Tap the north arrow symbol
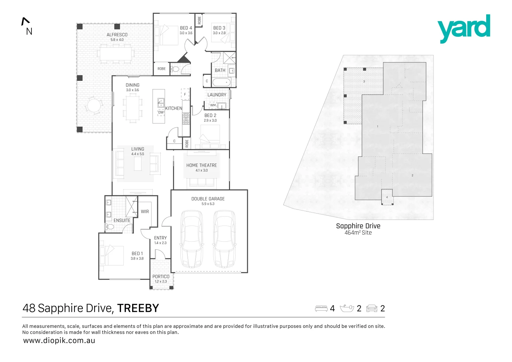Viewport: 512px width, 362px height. [x=25, y=21]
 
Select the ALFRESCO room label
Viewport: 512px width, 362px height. [x=117, y=35]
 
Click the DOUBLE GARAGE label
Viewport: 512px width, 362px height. [x=208, y=199]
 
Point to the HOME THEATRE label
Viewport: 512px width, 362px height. [x=202, y=165]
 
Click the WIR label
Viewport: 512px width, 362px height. [x=145, y=212]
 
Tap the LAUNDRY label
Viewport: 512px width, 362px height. [x=217, y=95]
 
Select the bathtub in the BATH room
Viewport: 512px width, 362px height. [x=222, y=82]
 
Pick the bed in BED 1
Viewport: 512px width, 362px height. [x=111, y=255]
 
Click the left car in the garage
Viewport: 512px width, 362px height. [x=191, y=239]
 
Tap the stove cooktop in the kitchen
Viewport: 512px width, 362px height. [x=186, y=118]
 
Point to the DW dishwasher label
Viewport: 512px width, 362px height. [x=161, y=112]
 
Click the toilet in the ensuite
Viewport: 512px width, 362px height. [x=110, y=227]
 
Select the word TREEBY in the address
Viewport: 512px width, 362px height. [x=138, y=308]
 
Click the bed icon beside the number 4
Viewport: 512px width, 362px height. [x=321, y=308]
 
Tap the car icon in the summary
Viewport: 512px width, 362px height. [x=372, y=308]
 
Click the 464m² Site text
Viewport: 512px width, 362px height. [x=358, y=233]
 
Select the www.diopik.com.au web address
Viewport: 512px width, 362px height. [x=59, y=341]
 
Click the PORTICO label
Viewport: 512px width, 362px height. [x=161, y=277]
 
